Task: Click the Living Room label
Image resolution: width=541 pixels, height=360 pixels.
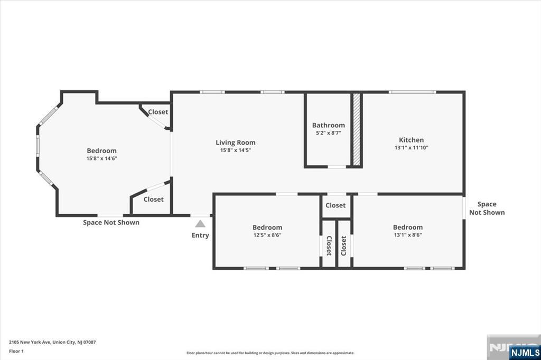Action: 236,143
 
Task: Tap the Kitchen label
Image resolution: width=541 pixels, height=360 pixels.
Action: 411,140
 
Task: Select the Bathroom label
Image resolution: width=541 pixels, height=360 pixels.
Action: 329,125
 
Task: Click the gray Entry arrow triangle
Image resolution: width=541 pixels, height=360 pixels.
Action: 200,224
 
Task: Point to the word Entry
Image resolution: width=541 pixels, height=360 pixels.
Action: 200,235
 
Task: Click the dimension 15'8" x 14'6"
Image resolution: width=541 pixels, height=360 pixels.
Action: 102,158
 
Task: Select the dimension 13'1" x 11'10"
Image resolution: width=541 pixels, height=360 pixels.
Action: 411,148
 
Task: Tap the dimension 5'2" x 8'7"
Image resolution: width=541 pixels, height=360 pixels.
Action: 329,133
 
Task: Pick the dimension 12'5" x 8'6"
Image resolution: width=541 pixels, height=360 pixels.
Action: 267,235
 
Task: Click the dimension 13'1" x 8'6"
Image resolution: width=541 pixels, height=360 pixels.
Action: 408,235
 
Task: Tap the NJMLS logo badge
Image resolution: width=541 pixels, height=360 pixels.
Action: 525,353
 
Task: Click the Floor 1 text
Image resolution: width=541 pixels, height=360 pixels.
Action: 16,352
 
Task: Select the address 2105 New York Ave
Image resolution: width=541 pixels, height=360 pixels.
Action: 30,343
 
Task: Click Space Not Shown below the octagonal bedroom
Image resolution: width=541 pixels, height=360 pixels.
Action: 111,222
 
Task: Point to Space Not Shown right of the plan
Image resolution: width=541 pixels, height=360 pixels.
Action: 487,209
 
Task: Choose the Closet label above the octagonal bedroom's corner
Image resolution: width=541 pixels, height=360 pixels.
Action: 158,112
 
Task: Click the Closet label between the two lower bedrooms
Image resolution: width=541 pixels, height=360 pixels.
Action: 335,205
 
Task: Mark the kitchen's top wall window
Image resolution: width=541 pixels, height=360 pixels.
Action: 412,92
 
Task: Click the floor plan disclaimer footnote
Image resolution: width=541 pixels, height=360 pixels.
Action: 270,353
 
